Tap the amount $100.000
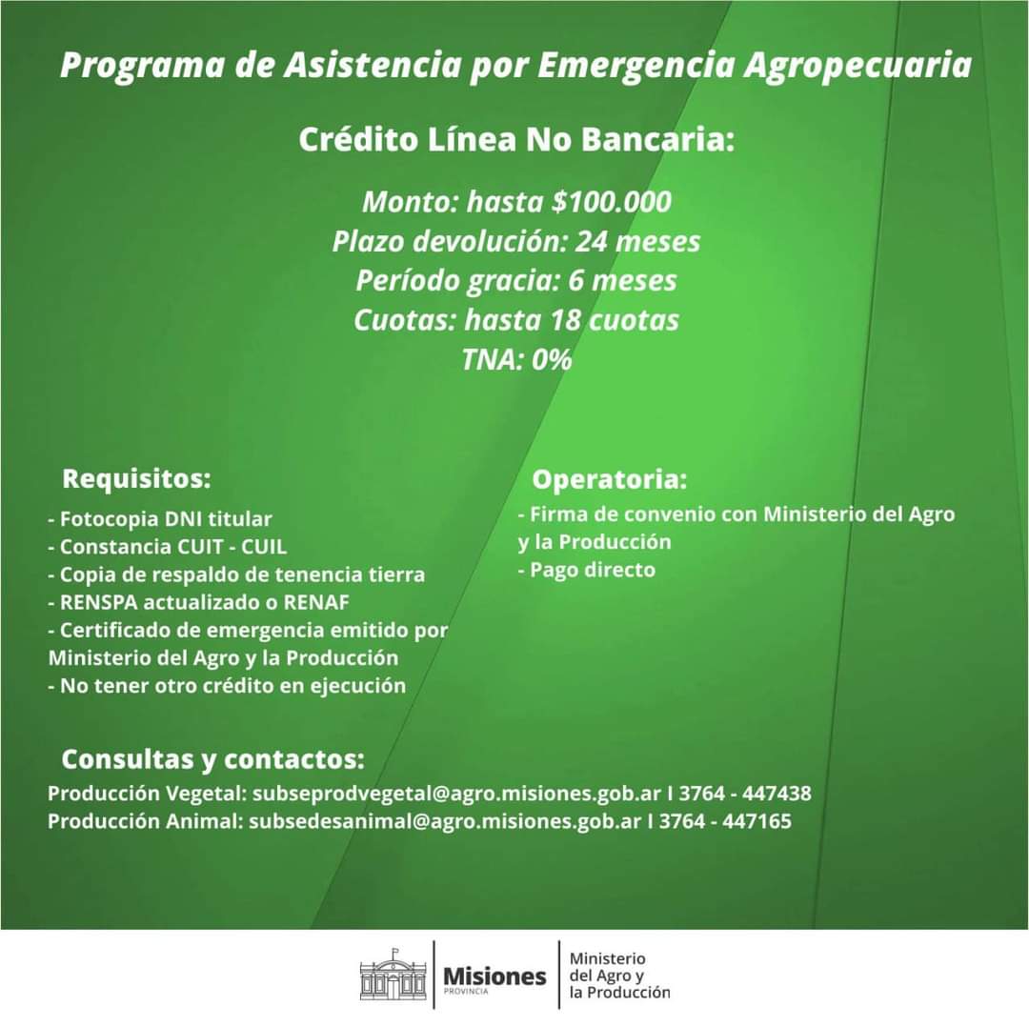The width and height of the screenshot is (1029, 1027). pyautogui.click(x=612, y=202)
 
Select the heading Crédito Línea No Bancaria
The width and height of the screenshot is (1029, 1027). pyautogui.click(x=516, y=140)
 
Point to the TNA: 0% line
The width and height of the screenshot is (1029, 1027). pyautogui.click(x=516, y=360)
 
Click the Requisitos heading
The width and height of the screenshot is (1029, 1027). pyautogui.click(x=136, y=476)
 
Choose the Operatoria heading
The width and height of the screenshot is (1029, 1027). pyautogui.click(x=610, y=477)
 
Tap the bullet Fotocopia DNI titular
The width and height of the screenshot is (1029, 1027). pyautogui.click(x=160, y=519)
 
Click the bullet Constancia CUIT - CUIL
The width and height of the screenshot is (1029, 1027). pyautogui.click(x=168, y=547)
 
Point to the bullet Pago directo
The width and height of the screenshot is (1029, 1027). pyautogui.click(x=587, y=570)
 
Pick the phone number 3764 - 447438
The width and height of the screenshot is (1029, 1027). pyautogui.click(x=745, y=793)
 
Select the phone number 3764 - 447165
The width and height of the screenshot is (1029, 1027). pyautogui.click(x=725, y=820)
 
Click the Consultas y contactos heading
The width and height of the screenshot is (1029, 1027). pyautogui.click(x=212, y=759)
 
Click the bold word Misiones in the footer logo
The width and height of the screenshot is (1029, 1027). pyautogui.click(x=495, y=977)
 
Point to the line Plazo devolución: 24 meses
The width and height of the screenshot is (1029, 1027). pyautogui.click(x=516, y=242)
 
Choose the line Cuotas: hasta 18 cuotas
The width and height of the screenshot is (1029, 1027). pyautogui.click(x=516, y=320)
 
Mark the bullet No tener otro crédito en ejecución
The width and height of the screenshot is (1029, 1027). pyautogui.click(x=227, y=685)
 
